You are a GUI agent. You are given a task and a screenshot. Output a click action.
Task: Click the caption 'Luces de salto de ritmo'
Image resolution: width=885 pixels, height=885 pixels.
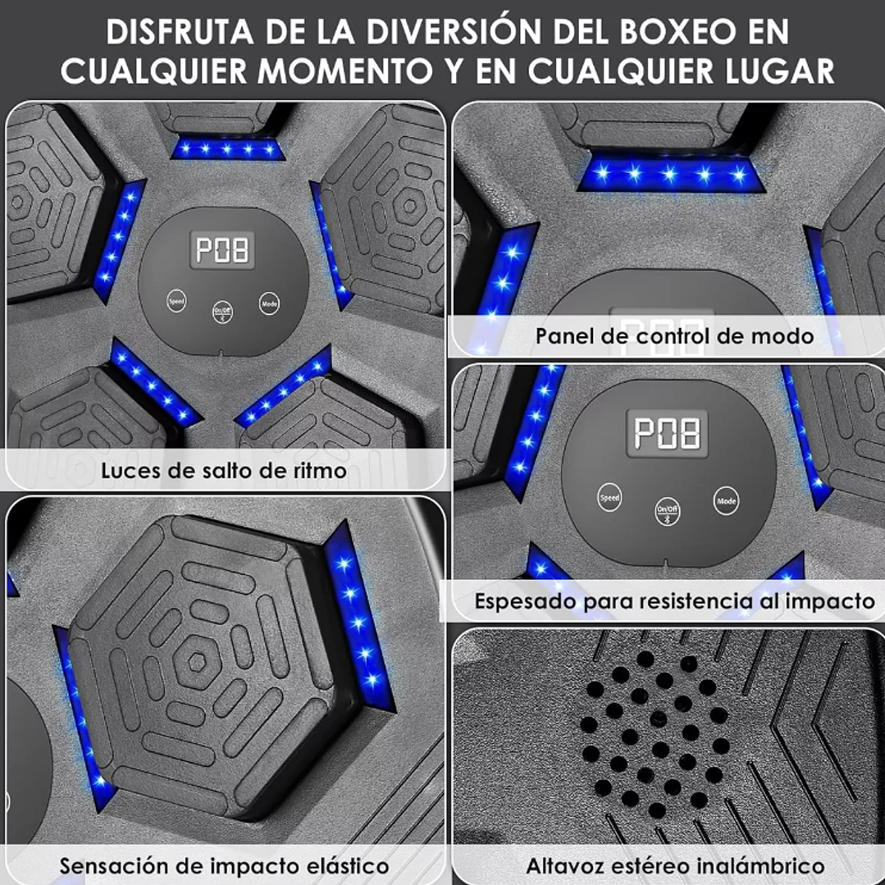[224, 470]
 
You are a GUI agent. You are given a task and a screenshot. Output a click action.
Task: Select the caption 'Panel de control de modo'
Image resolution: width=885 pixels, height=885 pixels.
[674, 335]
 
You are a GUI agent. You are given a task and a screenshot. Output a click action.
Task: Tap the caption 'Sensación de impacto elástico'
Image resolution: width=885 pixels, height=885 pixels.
[224, 865]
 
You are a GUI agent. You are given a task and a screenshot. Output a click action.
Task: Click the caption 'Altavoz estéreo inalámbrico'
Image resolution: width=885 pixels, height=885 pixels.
[675, 865]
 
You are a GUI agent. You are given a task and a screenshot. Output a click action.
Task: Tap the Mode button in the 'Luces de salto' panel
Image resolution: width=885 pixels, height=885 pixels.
[269, 303]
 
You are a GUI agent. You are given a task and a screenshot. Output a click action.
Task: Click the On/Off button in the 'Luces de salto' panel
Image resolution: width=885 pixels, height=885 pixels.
[222, 312]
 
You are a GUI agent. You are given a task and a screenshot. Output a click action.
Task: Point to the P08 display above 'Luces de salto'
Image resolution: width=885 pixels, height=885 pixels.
[221, 249]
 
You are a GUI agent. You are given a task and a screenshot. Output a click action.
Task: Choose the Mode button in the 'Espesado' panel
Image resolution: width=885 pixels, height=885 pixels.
[726, 500]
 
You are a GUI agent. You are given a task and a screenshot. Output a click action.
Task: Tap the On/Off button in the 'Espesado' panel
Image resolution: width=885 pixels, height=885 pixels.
[667, 511]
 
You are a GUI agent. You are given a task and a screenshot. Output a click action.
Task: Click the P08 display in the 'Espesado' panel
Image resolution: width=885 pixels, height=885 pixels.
[667, 433]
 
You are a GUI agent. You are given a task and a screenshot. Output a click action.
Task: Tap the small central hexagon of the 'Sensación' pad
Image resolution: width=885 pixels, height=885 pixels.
[196, 661]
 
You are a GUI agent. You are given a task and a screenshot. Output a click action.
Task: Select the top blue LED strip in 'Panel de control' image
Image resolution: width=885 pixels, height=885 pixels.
[671, 174]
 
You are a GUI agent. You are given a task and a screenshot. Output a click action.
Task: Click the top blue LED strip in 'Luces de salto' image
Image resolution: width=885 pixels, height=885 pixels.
[227, 149]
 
